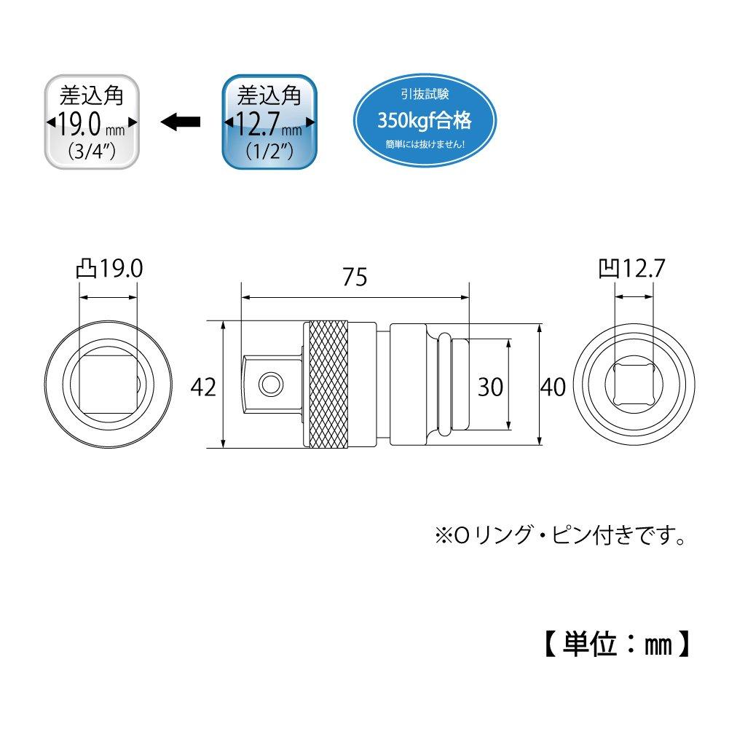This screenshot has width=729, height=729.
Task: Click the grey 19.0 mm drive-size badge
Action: pyautogui.click(x=91, y=122)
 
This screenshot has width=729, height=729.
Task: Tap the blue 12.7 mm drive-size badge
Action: pyautogui.click(x=270, y=122)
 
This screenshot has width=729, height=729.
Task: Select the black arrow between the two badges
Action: pyautogui.click(x=180, y=122)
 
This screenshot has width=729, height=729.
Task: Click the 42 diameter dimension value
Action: pyautogui.click(x=203, y=387)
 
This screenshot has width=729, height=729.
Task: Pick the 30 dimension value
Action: pyautogui.click(x=490, y=387)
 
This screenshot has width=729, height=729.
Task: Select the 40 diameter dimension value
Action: pyautogui.click(x=553, y=387)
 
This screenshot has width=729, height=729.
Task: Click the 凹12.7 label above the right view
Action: pyautogui.click(x=631, y=269)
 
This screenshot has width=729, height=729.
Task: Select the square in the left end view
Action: pyautogui.click(x=108, y=385)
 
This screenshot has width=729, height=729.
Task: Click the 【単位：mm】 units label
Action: pyautogui.click(x=616, y=644)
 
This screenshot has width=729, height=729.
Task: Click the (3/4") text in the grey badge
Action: pyautogui.click(x=91, y=153)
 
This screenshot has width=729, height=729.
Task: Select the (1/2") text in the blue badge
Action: pyautogui.click(x=270, y=153)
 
